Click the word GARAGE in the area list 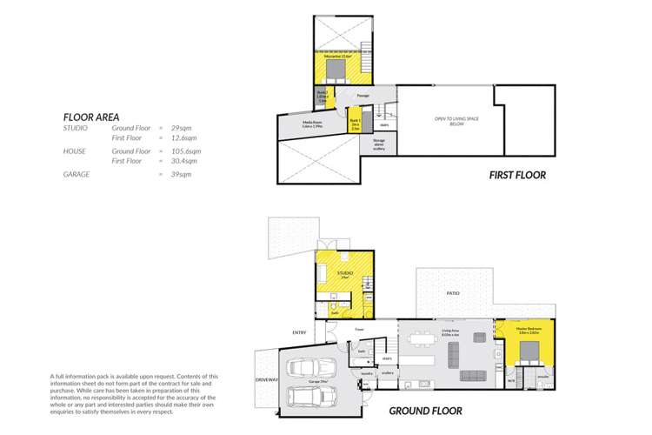(x=77, y=174)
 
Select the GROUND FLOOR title (x=425, y=410)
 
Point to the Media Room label (x=313, y=124)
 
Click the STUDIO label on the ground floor (x=344, y=274)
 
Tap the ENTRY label (x=300, y=331)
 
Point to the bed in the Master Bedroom (x=530, y=352)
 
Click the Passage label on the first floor (x=363, y=95)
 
